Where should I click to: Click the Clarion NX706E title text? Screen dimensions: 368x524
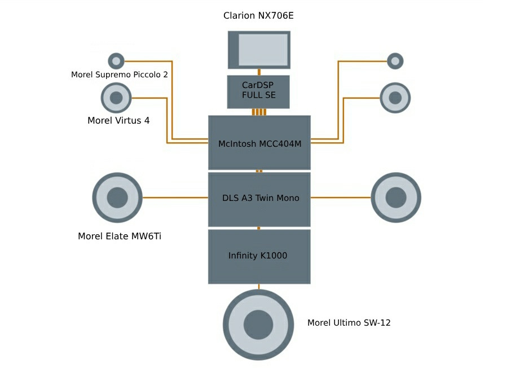(x=258, y=16)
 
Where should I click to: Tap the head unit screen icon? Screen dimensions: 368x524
(x=259, y=50)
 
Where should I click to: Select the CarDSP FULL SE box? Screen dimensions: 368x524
(x=258, y=91)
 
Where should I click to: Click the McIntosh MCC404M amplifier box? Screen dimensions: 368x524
(x=259, y=143)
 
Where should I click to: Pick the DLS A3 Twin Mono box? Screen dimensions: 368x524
(x=259, y=199)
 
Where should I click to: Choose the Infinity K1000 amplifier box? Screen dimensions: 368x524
(x=259, y=256)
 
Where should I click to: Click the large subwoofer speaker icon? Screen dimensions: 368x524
(x=258, y=325)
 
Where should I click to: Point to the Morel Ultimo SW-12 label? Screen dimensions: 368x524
(x=349, y=323)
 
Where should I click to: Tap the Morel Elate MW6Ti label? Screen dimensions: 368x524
(x=120, y=236)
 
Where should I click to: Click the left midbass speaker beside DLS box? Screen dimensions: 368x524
(x=117, y=198)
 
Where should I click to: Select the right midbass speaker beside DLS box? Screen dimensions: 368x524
(x=396, y=198)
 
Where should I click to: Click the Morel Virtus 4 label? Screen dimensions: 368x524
(x=118, y=120)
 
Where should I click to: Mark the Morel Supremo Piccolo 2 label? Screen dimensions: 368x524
(x=119, y=75)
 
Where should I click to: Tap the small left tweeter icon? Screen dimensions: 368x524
(x=116, y=60)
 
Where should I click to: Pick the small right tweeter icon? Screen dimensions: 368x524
(x=395, y=60)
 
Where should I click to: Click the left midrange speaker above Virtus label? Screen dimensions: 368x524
(x=116, y=98)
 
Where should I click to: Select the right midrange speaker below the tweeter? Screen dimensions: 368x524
(x=395, y=98)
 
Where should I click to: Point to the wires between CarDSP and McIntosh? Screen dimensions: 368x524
(x=259, y=112)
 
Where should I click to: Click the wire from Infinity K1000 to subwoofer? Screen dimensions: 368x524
(x=259, y=286)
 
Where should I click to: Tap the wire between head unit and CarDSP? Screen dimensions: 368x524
(x=259, y=72)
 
